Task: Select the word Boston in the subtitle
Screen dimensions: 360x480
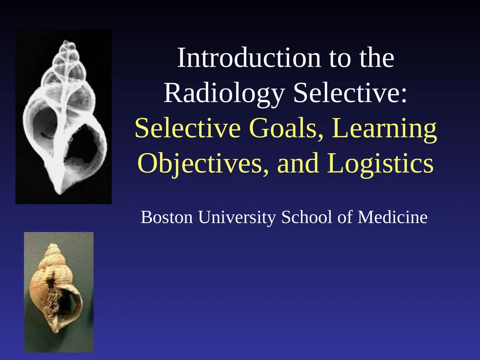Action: click(x=166, y=217)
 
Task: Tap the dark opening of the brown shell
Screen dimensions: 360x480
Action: click(x=68, y=303)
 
